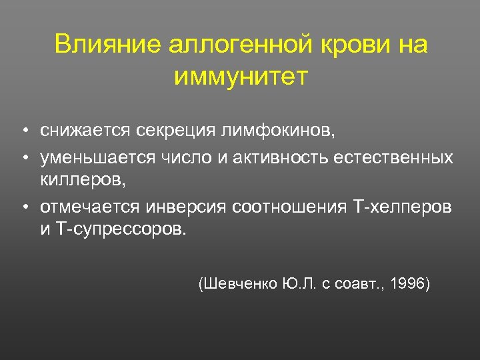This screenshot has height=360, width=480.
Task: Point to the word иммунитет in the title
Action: pos(241,77)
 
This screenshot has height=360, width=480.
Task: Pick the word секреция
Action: pos(174,130)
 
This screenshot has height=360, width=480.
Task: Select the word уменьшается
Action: pos(97,157)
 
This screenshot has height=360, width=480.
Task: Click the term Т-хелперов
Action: pos(400,207)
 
